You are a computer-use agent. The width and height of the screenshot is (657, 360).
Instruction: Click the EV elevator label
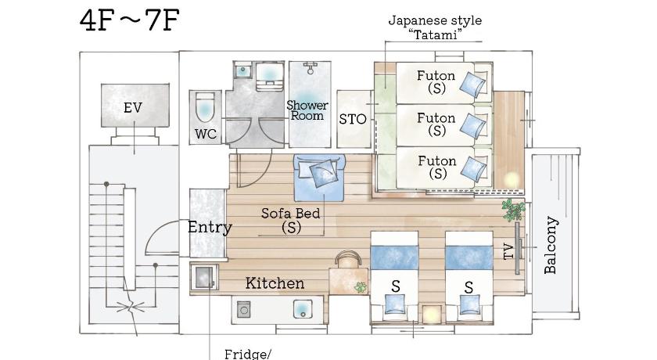pyautogui.click(x=133, y=108)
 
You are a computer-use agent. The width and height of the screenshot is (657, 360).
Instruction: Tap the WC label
pyautogui.click(x=205, y=134)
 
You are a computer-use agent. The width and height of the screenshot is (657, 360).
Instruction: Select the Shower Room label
pyautogui.click(x=307, y=110)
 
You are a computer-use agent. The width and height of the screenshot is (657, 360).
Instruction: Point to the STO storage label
pyautogui.click(x=353, y=120)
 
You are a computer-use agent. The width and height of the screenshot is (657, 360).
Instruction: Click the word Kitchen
pyautogui.click(x=275, y=283)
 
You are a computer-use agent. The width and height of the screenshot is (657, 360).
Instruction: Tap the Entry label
pyautogui.click(x=210, y=228)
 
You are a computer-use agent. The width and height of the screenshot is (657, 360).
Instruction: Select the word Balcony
pyautogui.click(x=550, y=245)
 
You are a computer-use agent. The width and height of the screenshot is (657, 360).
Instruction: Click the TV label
pyautogui.click(x=508, y=251)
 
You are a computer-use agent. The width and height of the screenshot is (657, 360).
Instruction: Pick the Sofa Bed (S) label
pyautogui.click(x=290, y=220)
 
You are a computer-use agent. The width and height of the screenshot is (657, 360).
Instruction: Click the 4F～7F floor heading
pyautogui.click(x=130, y=20)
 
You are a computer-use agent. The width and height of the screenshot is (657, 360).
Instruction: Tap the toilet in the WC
pyautogui.click(x=205, y=108)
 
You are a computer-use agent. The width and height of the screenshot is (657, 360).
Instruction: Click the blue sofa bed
pyautogui.click(x=320, y=177)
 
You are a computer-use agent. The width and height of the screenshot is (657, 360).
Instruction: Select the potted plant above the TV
pyautogui.click(x=514, y=210)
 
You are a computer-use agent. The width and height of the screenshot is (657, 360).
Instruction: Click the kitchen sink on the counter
pyautogui.click(x=302, y=309)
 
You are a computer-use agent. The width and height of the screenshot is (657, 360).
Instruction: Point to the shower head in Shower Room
pyautogui.click(x=310, y=68)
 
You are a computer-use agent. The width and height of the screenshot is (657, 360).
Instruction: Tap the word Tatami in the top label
pyautogui.click(x=435, y=34)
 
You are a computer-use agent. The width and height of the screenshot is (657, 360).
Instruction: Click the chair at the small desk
pyautogui.click(x=348, y=257)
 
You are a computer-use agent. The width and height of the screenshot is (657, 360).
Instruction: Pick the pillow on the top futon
pyautogui.click(x=473, y=84)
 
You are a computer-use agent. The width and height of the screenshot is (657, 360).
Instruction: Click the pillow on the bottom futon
pyautogui.click(x=474, y=169)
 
